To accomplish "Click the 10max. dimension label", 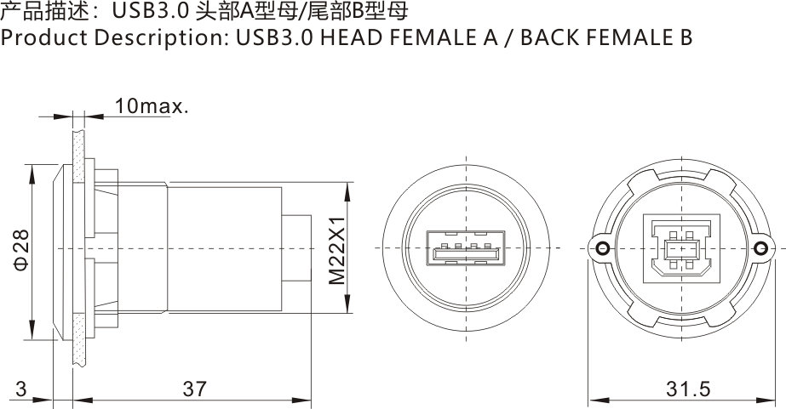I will coord(151,106).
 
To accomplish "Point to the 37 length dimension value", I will coord(194,389).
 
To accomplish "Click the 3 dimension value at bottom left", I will coord(20,389).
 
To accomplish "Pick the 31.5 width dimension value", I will coord(687,389).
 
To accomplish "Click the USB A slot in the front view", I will coord(466,253).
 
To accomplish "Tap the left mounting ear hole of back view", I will coord(602,248).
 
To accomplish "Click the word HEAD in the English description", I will coord(347,38).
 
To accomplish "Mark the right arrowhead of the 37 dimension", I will coord(305,400).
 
